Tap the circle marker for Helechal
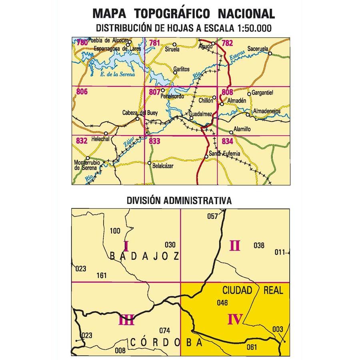[x=106, y=133]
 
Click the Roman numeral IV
[x=235, y=319]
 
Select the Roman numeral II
[x=234, y=245]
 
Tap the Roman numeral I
[x=126, y=245]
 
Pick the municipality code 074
[x=165, y=330]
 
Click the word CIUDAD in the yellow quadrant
[x=235, y=290]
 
